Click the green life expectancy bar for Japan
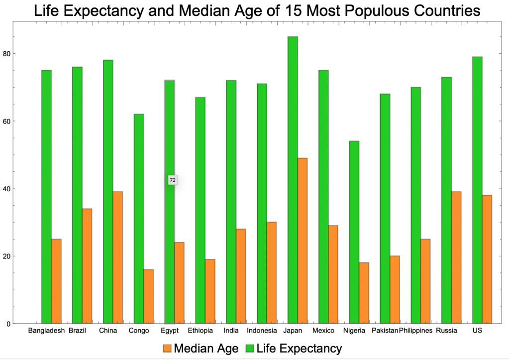coord(293,180)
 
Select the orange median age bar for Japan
coord(302,241)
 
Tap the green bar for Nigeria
coord(354,233)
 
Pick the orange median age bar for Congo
coord(148,296)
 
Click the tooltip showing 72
coord(173,180)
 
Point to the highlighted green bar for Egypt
coord(170,202)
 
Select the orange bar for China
coord(117,257)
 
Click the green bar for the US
coord(477,190)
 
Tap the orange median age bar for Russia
coord(456,257)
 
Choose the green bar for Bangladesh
coord(46,197)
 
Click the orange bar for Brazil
coord(87,266)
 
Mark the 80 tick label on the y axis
coord(6,54)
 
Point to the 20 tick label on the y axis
coord(6,256)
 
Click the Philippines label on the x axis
coord(415,331)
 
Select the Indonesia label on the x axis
coord(262,331)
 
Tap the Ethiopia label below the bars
coord(201,331)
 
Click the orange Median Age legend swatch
coord(167,349)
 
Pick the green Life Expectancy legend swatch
coord(250,349)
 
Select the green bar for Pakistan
coord(385,209)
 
